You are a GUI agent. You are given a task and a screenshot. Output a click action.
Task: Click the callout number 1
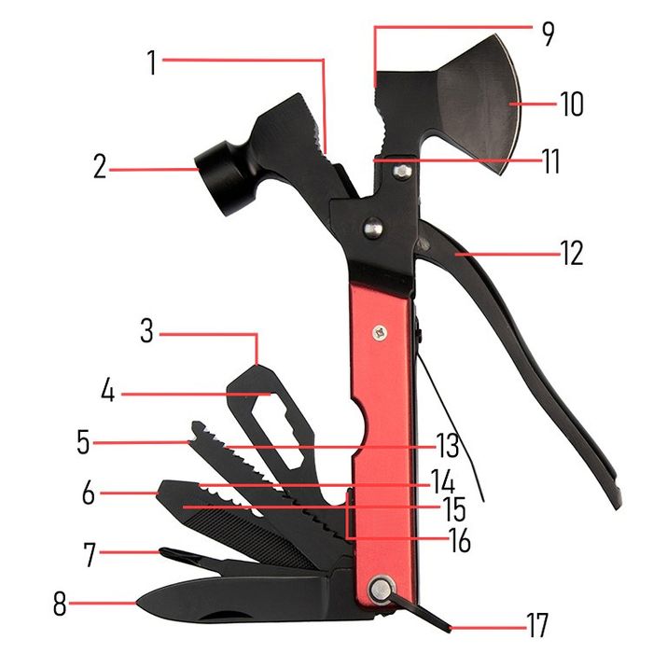[152, 63]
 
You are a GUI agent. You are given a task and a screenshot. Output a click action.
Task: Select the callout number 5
[84, 440]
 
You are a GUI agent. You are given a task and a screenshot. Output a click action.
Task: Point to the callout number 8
[60, 605]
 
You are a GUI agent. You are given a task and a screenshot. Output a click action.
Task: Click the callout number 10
[571, 103]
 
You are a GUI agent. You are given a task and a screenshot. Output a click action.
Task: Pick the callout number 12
[571, 252]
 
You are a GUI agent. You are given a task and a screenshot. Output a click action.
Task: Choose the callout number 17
[536, 622]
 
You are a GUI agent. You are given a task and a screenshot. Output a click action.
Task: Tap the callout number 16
[457, 540]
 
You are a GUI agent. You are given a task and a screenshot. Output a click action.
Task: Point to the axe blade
[476, 103]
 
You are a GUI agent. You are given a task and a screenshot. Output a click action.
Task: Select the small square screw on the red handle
[380, 329]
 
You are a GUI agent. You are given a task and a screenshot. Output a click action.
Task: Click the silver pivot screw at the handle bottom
[379, 588]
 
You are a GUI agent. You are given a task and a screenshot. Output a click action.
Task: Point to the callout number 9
[547, 35]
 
